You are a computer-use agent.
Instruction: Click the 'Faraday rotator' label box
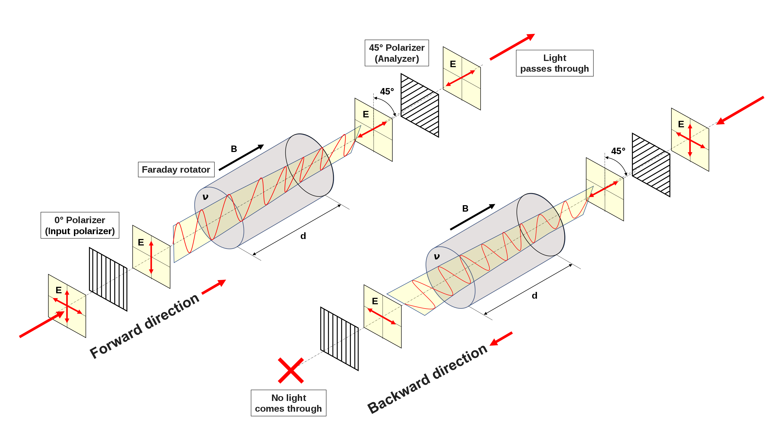click(176, 170)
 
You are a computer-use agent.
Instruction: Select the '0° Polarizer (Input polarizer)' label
click(80, 225)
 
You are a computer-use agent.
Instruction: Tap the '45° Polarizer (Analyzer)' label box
click(396, 53)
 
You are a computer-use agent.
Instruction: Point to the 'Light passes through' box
click(554, 63)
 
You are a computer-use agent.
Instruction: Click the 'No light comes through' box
click(288, 403)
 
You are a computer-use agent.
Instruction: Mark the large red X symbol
click(291, 370)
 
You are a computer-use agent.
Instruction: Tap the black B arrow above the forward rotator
click(241, 157)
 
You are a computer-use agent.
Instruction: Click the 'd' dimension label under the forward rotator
click(303, 236)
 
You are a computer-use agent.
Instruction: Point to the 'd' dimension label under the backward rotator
click(534, 296)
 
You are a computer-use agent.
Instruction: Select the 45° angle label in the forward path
click(387, 92)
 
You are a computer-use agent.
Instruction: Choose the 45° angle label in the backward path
click(618, 151)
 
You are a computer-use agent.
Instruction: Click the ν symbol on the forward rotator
click(205, 197)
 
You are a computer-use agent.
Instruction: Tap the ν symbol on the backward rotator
click(436, 257)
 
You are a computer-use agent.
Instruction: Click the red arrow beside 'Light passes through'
click(512, 47)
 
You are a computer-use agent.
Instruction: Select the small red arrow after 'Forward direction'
click(213, 287)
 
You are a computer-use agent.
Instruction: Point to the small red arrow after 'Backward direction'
click(501, 339)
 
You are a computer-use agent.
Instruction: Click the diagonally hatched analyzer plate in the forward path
click(420, 105)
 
